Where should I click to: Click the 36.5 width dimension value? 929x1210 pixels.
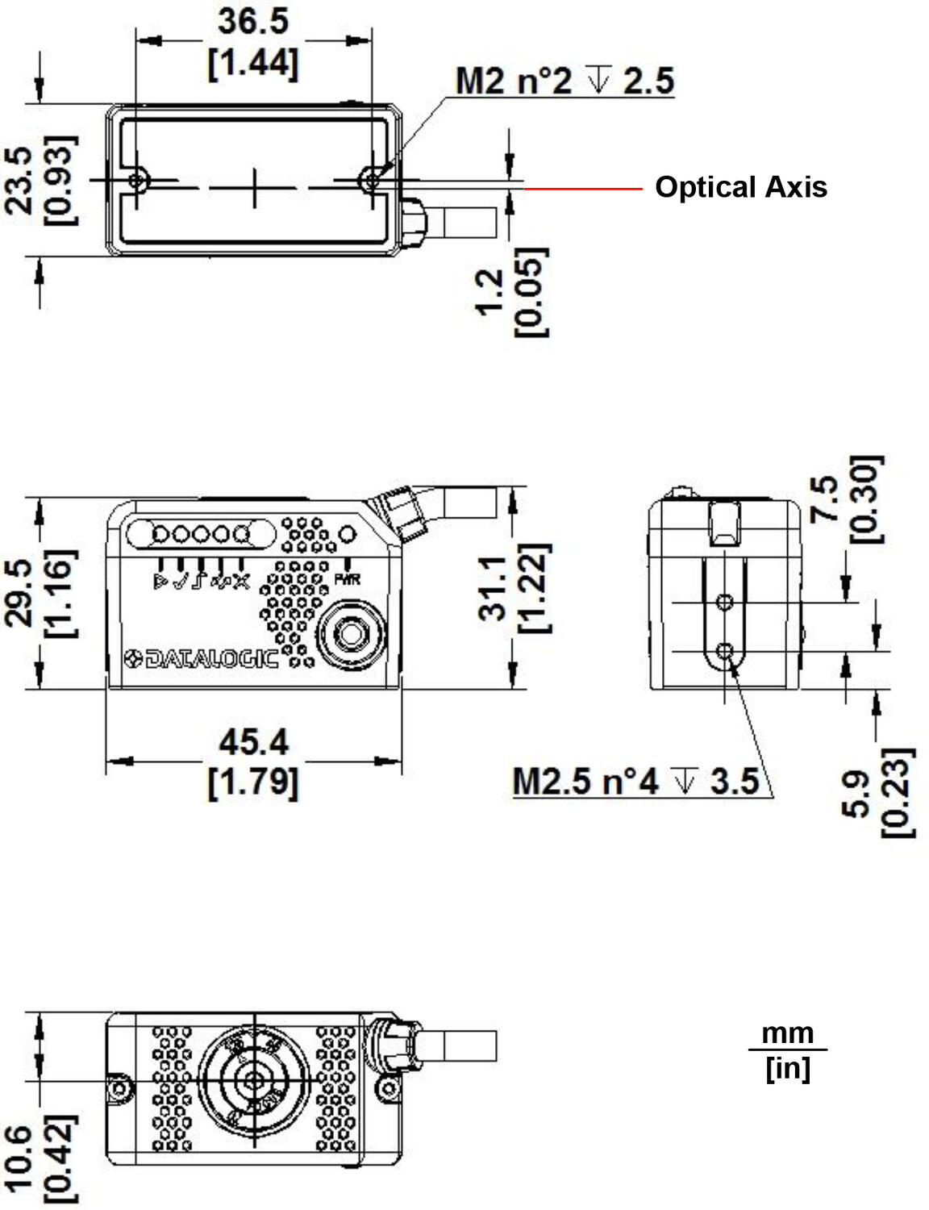[x=252, y=22]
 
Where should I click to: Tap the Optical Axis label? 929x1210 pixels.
[x=740, y=187]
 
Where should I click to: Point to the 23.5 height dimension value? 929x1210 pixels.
[x=19, y=180]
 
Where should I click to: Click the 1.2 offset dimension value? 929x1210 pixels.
[x=489, y=292]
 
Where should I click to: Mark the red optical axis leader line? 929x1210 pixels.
[x=583, y=189]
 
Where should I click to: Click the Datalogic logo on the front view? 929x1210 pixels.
[x=201, y=659]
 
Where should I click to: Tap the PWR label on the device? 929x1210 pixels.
[x=347, y=579]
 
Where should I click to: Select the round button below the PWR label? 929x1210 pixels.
[x=350, y=634]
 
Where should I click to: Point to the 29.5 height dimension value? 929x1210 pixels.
[x=19, y=593]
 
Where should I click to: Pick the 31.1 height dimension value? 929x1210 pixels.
[x=493, y=587]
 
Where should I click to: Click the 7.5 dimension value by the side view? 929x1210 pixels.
[x=827, y=499]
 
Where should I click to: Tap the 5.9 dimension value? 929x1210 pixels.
[x=858, y=794]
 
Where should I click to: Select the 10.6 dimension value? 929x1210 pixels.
[x=19, y=1158]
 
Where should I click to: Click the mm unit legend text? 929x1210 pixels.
[x=787, y=1033]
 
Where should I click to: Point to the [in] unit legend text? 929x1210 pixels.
[x=787, y=1068]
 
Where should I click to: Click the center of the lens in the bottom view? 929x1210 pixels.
[x=254, y=1081]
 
